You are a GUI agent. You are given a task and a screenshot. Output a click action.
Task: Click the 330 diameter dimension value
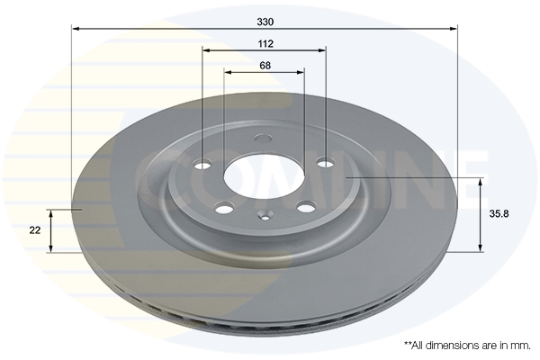tap(265, 22)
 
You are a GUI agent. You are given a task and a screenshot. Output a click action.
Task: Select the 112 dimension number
tap(265, 44)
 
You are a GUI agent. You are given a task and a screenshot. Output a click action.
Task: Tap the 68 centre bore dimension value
tap(265, 65)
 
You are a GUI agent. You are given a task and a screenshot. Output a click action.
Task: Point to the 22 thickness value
tap(35, 230)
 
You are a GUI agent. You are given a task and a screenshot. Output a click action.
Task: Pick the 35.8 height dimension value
tap(499, 214)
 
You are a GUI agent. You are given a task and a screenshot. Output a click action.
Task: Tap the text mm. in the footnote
tap(522, 346)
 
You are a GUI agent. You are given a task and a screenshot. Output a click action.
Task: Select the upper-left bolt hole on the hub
tap(203, 164)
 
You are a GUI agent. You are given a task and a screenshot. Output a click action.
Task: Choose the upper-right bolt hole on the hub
tap(326, 162)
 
